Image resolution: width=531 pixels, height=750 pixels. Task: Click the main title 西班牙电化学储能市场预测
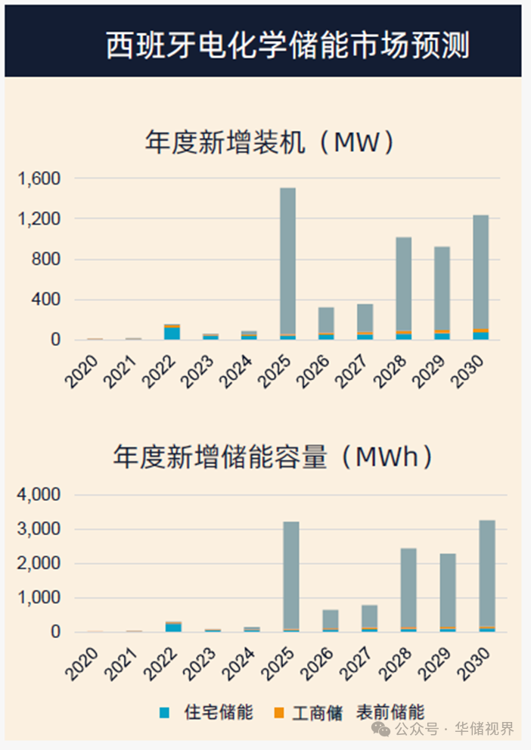[287, 45]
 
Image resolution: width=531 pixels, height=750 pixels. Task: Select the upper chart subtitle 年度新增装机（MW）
[270, 142]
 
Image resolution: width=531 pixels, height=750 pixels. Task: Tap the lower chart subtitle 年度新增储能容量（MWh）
[274, 456]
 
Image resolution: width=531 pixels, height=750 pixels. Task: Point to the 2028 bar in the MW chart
[404, 288]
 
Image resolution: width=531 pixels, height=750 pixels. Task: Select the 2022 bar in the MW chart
[172, 332]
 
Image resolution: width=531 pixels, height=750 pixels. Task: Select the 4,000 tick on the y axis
[39, 495]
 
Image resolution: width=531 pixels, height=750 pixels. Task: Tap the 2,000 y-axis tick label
[39, 564]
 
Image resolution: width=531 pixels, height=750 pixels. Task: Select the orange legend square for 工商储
[279, 713]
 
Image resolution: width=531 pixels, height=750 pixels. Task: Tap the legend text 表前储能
[390, 712]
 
